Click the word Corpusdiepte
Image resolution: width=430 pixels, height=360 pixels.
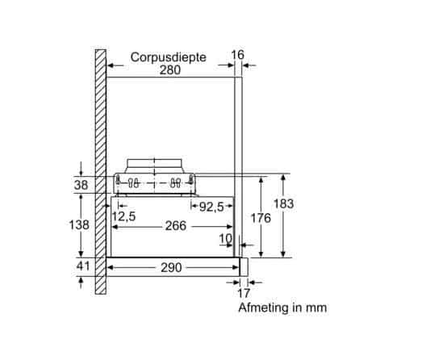pos(169,57)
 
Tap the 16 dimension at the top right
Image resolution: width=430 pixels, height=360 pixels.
pos(236,54)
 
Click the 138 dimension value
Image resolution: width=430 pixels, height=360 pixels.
pos(80,225)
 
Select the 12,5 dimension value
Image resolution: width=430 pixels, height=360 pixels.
pos(123,216)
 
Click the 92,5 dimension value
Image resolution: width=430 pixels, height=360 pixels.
pos(211,207)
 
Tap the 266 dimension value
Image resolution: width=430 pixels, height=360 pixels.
pos(175,226)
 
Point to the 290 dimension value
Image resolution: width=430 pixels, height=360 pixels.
pos(170,267)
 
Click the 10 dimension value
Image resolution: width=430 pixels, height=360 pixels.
pos(226,238)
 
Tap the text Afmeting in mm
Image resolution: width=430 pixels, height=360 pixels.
pos(282,308)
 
